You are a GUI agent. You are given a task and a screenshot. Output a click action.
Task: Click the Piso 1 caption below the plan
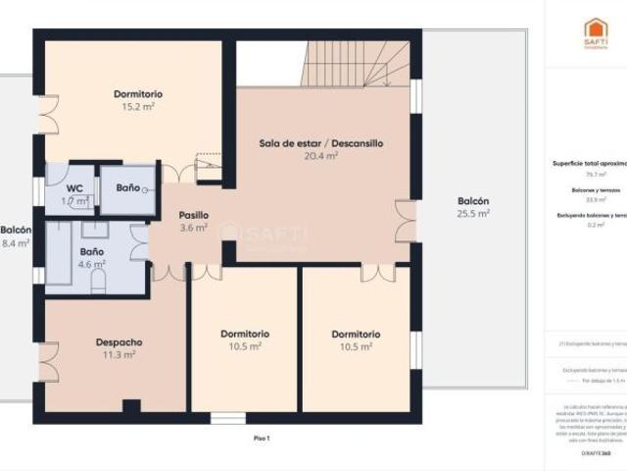click(262, 438)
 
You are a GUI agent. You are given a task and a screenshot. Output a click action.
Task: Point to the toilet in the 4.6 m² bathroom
click(98, 281)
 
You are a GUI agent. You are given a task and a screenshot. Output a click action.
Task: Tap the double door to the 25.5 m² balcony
click(405, 220)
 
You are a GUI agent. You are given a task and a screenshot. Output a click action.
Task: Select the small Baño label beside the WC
click(127, 187)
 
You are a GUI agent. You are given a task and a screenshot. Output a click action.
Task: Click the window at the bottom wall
click(228, 419)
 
